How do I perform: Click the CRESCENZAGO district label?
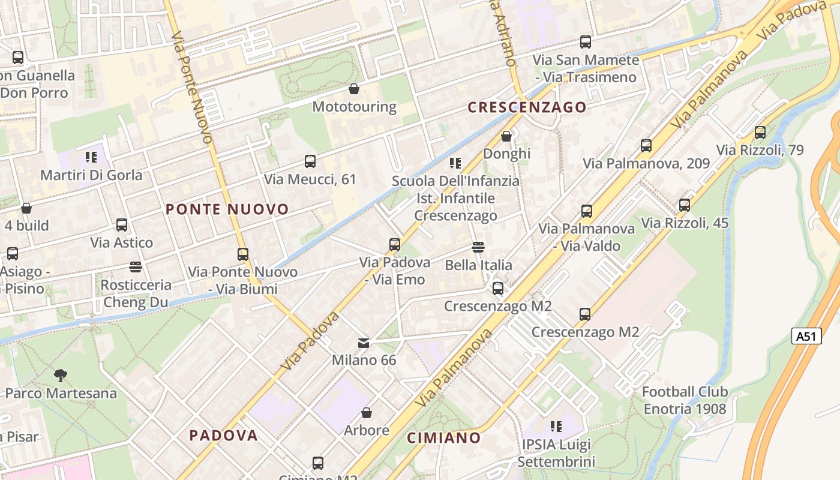pos(527,107)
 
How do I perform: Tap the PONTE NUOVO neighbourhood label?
pos(227,209)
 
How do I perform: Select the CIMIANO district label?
pos(444,438)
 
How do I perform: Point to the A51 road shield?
pos(806,336)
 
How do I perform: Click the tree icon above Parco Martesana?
pos(60,376)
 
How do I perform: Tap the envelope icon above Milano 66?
pos(364,343)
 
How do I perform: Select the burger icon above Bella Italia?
pos(478,247)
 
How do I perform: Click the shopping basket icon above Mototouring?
pos(354,89)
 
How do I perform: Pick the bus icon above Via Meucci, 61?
pos(310,161)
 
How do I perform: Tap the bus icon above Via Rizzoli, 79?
pos(760,133)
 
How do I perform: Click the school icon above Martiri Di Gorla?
pos(91,157)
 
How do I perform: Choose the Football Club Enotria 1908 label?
pos(685,400)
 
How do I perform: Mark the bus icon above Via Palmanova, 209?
pos(646,146)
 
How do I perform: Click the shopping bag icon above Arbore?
pos(367,413)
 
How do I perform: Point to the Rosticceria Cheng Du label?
pos(136,293)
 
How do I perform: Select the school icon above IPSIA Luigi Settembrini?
pos(556,427)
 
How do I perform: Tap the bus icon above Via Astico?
pos(122,225)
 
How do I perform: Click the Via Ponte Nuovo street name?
pos(192,87)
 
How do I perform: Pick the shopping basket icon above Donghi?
pos(506,136)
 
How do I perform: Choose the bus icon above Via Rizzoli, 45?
pos(685,205)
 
